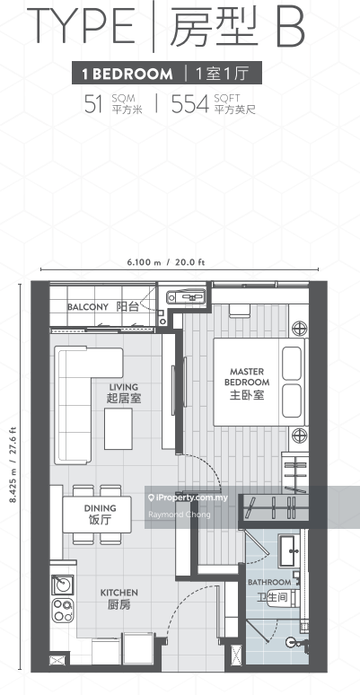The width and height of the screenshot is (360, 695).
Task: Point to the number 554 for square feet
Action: [x=195, y=103]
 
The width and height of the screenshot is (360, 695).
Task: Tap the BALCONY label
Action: [x=88, y=307]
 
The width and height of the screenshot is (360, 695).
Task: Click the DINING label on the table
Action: [x=100, y=511]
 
